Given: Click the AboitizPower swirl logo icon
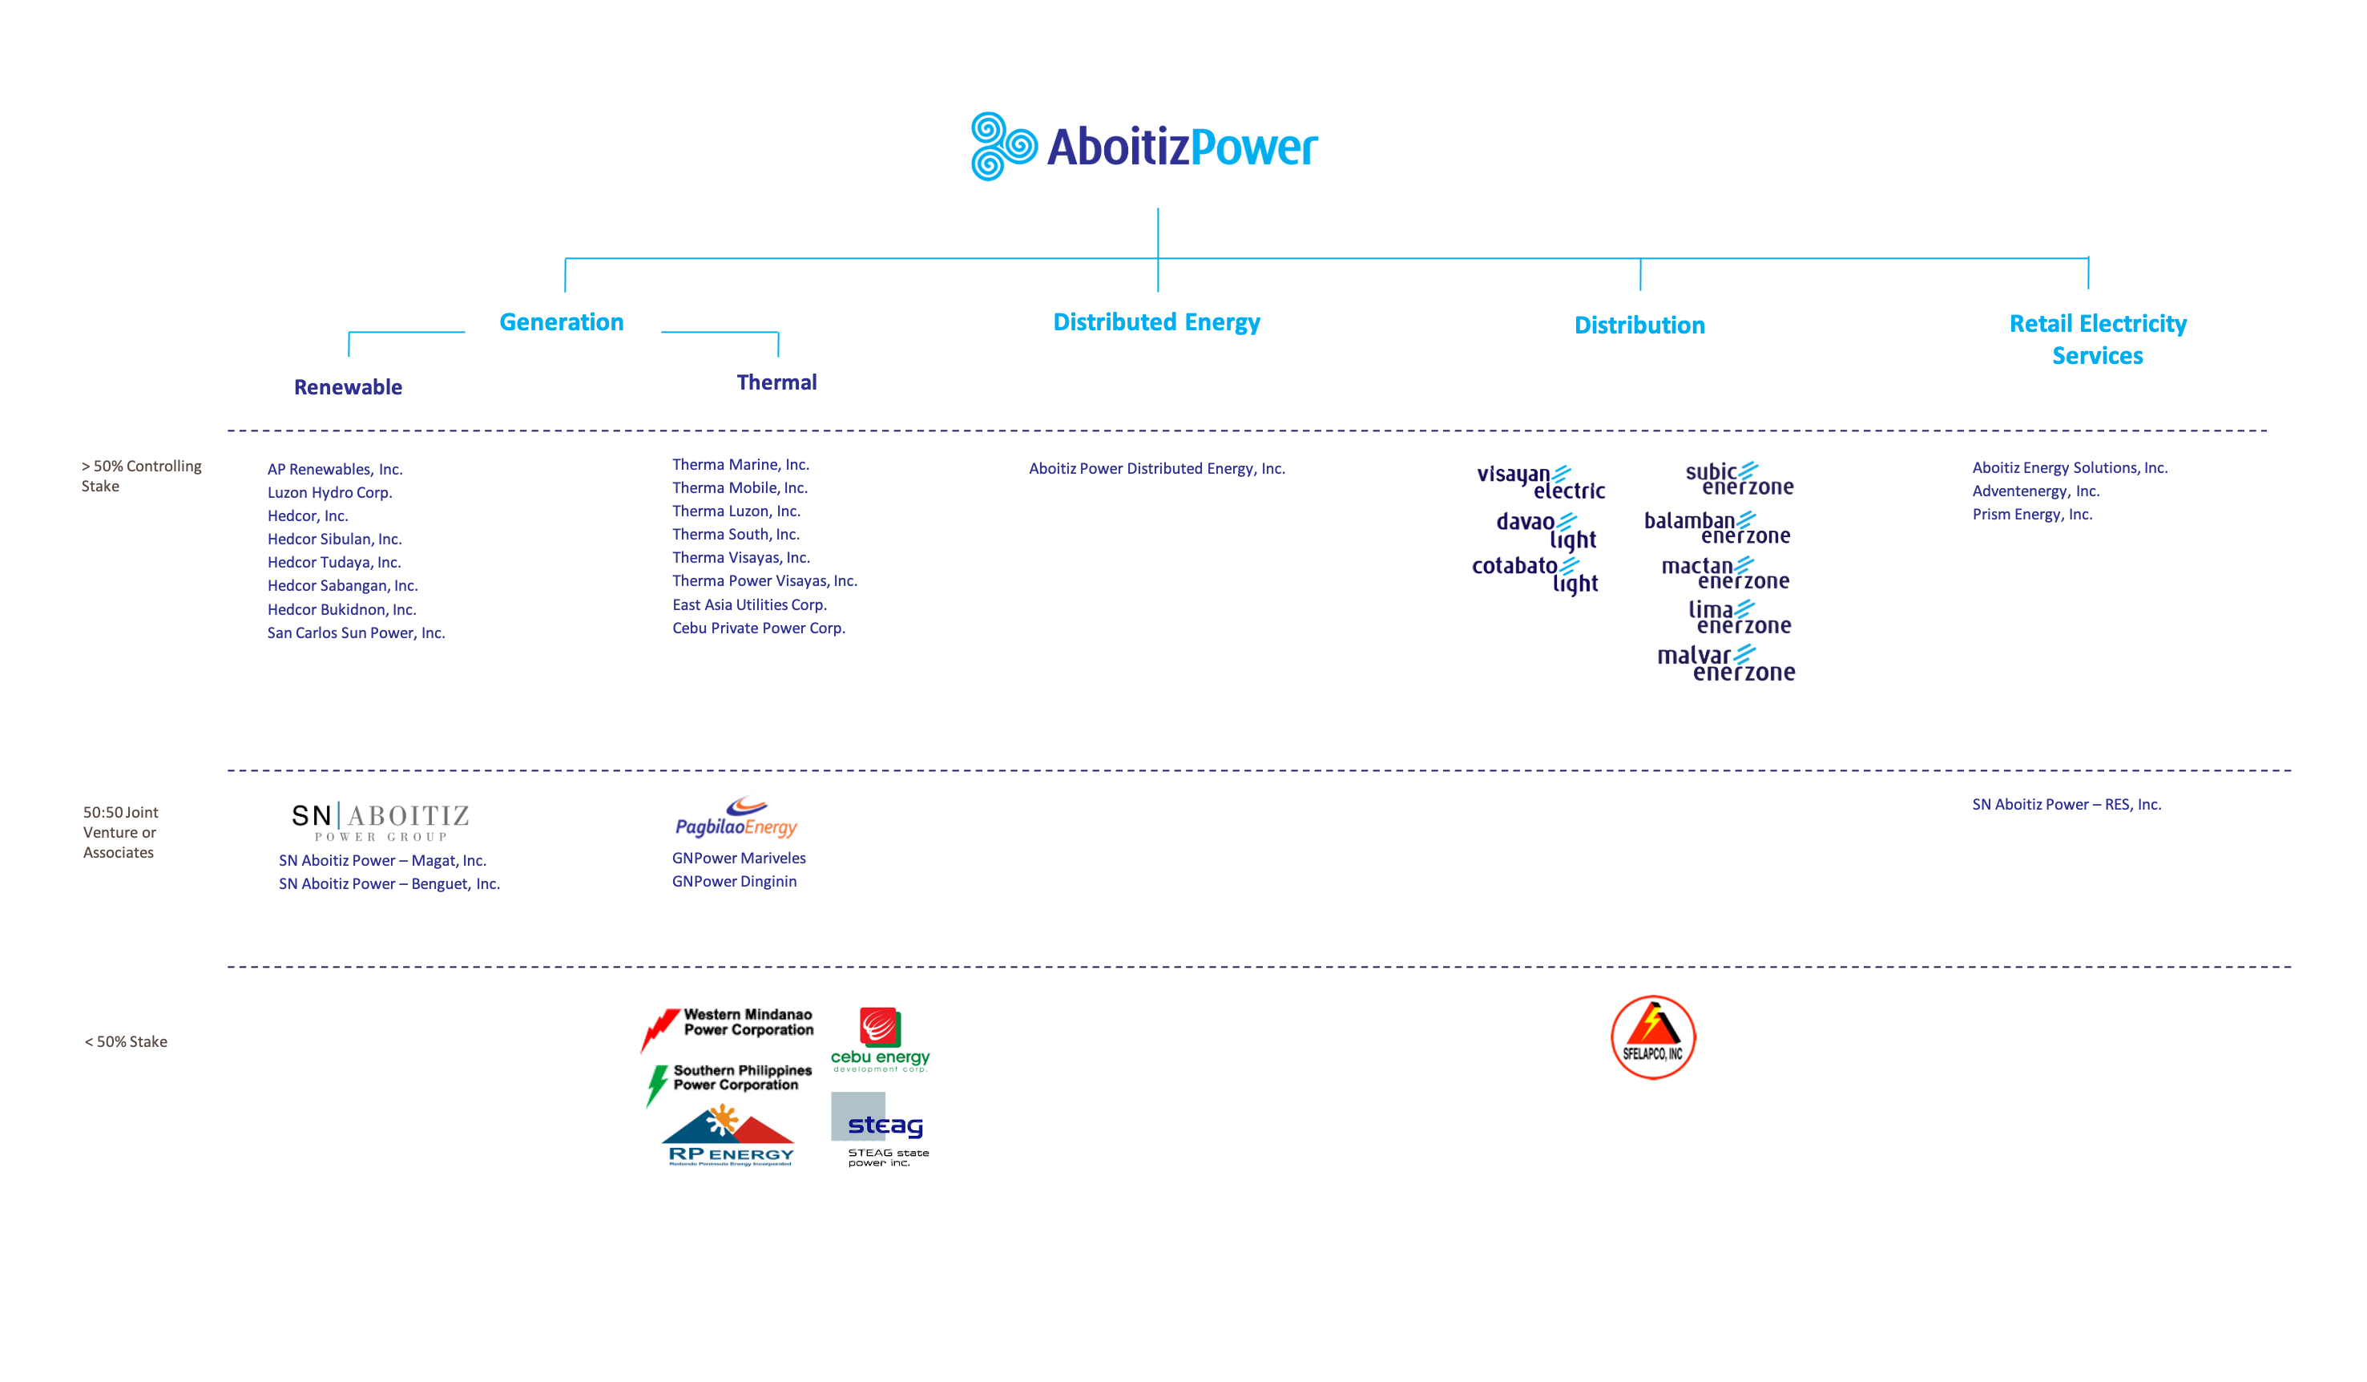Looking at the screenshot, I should pyautogui.click(x=1003, y=147).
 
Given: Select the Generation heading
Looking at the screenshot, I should pyautogui.click(x=561, y=322).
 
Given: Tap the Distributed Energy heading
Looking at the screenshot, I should pyautogui.click(x=1156, y=322).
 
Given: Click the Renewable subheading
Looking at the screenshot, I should pyautogui.click(x=348, y=387).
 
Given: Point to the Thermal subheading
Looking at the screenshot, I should pyautogui.click(x=776, y=382).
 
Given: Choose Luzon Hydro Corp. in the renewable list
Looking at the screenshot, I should pyautogui.click(x=329, y=492).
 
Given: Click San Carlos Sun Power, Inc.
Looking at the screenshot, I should pyautogui.click(x=355, y=633).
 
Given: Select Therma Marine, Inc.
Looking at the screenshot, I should pyautogui.click(x=740, y=465).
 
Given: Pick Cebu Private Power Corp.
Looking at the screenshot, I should pyautogui.click(x=758, y=628).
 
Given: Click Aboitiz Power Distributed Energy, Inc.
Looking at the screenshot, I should pyautogui.click(x=1156, y=469).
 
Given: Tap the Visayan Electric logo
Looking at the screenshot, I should pyautogui.click(x=1540, y=481).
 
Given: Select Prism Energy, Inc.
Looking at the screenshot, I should pyautogui.click(x=2032, y=515).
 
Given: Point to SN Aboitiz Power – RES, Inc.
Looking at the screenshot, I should pyautogui.click(x=2066, y=804).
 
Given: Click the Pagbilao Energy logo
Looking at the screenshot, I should pyautogui.click(x=736, y=818).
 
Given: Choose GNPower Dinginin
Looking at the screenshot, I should pyautogui.click(x=734, y=881).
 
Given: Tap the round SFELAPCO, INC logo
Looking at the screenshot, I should pyautogui.click(x=1653, y=1037).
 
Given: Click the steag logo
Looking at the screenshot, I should pyautogui.click(x=880, y=1127).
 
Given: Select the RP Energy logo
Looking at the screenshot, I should pyautogui.click(x=729, y=1137).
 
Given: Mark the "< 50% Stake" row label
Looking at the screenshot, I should pyautogui.click(x=126, y=1042).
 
